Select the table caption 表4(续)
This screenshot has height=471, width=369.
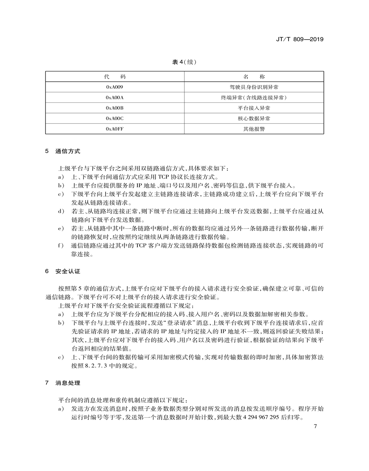click(184, 62)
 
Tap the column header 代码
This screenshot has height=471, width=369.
click(115, 76)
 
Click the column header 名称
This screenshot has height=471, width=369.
click(254, 76)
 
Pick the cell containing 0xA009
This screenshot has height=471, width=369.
click(115, 87)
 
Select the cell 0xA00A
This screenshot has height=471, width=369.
click(115, 97)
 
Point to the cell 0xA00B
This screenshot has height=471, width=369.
click(115, 108)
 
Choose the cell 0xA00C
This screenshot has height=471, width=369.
click(115, 118)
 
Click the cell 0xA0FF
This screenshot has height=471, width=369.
click(115, 129)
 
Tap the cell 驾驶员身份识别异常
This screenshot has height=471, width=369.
click(254, 87)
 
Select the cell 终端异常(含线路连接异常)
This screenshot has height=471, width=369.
click(254, 97)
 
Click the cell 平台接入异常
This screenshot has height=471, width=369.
click(254, 108)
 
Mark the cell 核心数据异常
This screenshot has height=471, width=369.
click(254, 118)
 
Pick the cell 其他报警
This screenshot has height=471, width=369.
click(254, 129)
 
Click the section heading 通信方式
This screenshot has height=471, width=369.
click(68, 151)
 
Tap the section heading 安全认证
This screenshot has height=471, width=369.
click(68, 272)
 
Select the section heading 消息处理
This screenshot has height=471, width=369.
click(68, 383)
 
